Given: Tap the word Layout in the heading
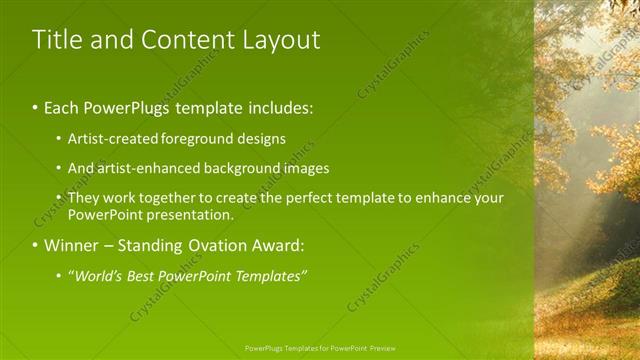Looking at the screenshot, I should (x=280, y=40).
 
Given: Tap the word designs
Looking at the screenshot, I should (x=262, y=139).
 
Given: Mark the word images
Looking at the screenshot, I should (x=305, y=168).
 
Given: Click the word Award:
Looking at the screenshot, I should (x=281, y=245).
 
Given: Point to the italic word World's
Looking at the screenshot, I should (x=99, y=276).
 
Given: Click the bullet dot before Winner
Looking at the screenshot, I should (x=36, y=245).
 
